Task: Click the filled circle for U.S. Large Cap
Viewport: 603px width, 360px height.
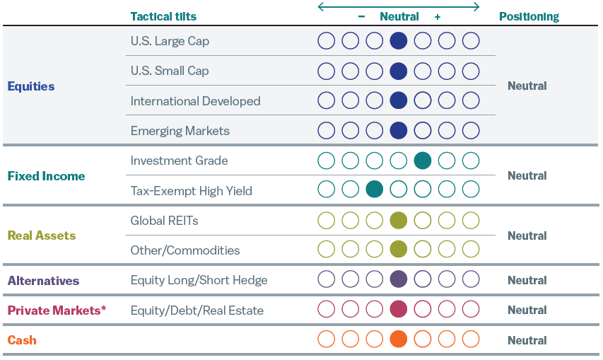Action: tap(399, 41)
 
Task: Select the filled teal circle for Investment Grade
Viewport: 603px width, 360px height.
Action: tap(423, 161)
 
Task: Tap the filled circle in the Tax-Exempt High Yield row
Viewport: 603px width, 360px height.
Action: tap(375, 190)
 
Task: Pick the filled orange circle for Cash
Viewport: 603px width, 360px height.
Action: tap(399, 339)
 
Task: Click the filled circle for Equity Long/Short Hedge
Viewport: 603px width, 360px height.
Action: tap(399, 279)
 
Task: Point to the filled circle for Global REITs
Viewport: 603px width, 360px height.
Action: tap(399, 220)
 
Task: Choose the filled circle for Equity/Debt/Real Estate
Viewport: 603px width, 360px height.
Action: tap(399, 309)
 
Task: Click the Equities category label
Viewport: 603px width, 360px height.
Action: tap(31, 86)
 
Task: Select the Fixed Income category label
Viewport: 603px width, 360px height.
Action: tap(46, 176)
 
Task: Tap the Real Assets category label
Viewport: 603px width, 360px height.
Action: tap(41, 236)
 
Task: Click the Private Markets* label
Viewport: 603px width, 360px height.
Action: tap(57, 310)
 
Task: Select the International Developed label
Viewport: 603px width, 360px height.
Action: tap(195, 101)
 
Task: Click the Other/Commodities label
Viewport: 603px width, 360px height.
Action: tap(185, 250)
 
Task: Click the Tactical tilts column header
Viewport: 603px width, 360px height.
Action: tap(163, 16)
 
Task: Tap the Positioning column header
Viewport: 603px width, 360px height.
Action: tap(529, 16)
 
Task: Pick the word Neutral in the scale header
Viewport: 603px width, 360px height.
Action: tap(399, 16)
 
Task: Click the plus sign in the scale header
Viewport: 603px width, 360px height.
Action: tap(438, 16)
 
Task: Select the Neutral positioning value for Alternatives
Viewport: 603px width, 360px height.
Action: tap(527, 280)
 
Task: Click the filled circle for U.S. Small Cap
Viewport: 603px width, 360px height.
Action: tap(399, 71)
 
